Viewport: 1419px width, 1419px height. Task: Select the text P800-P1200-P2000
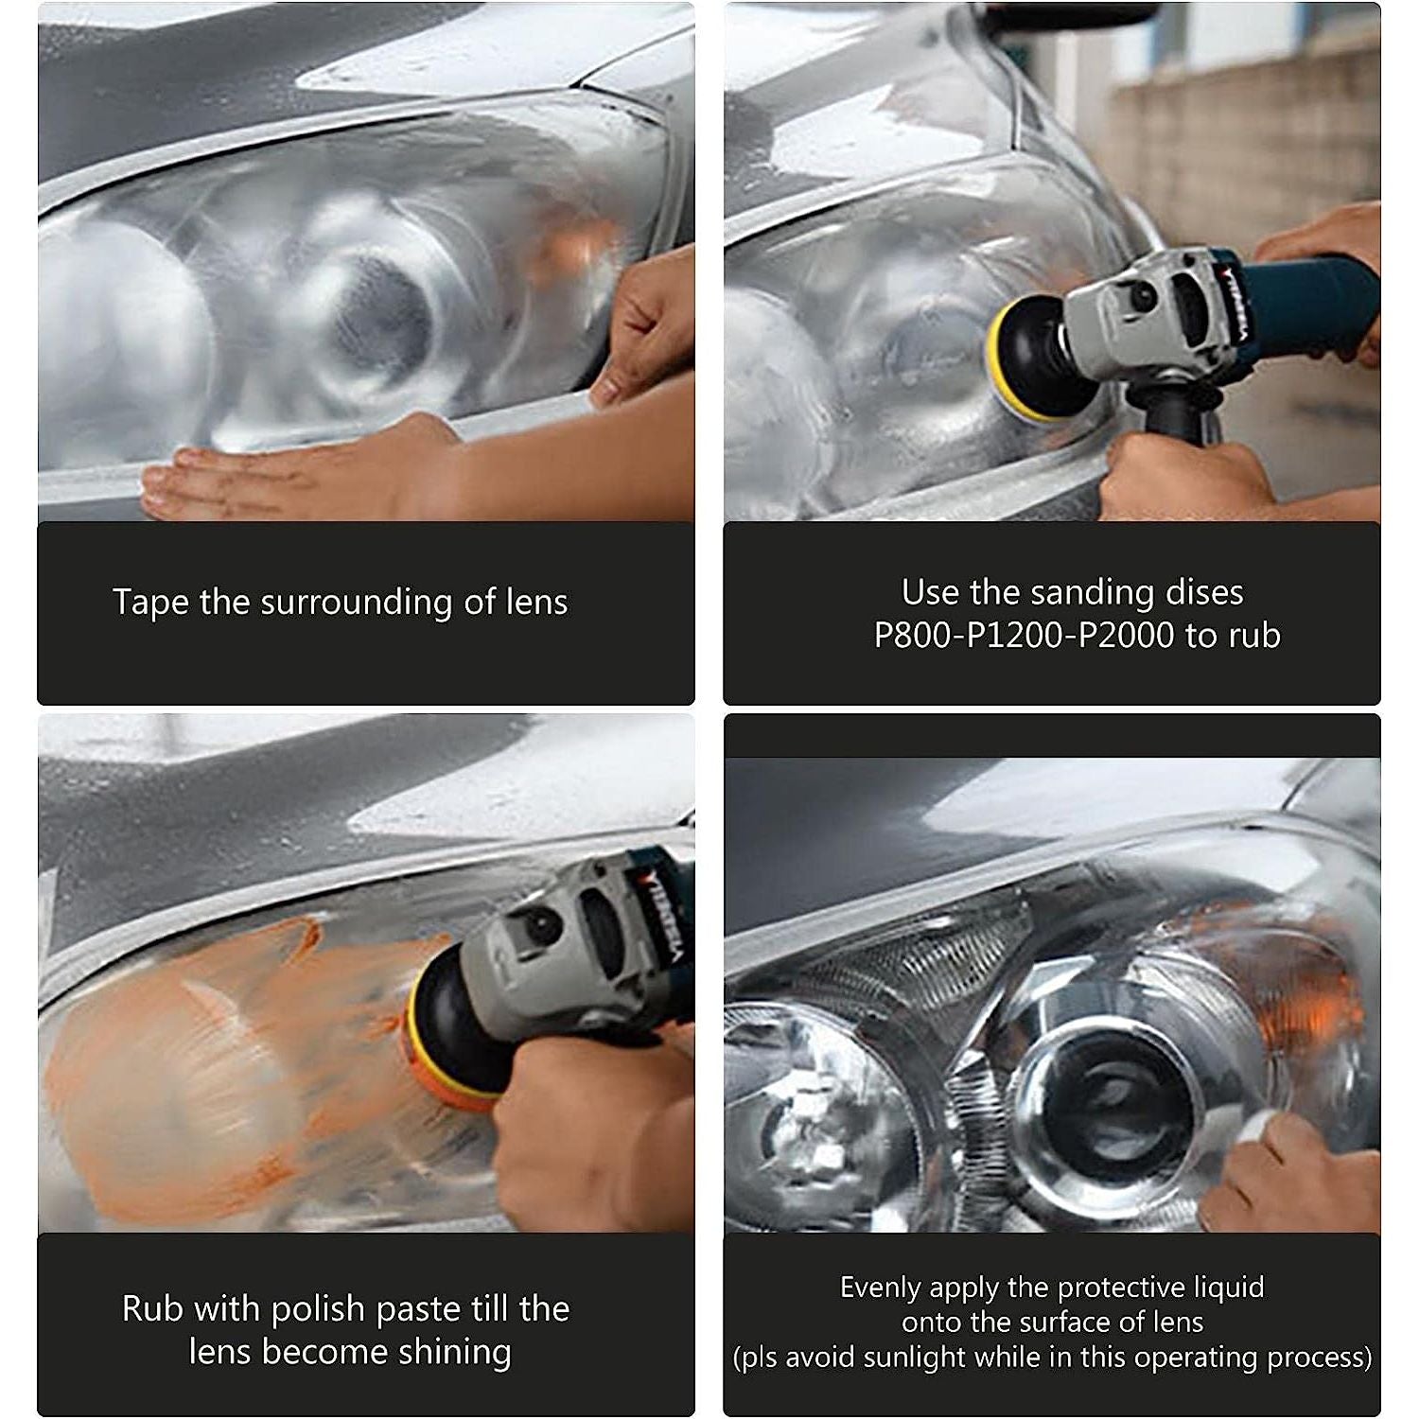[x=1024, y=635]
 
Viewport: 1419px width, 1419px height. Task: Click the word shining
[x=454, y=1352]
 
